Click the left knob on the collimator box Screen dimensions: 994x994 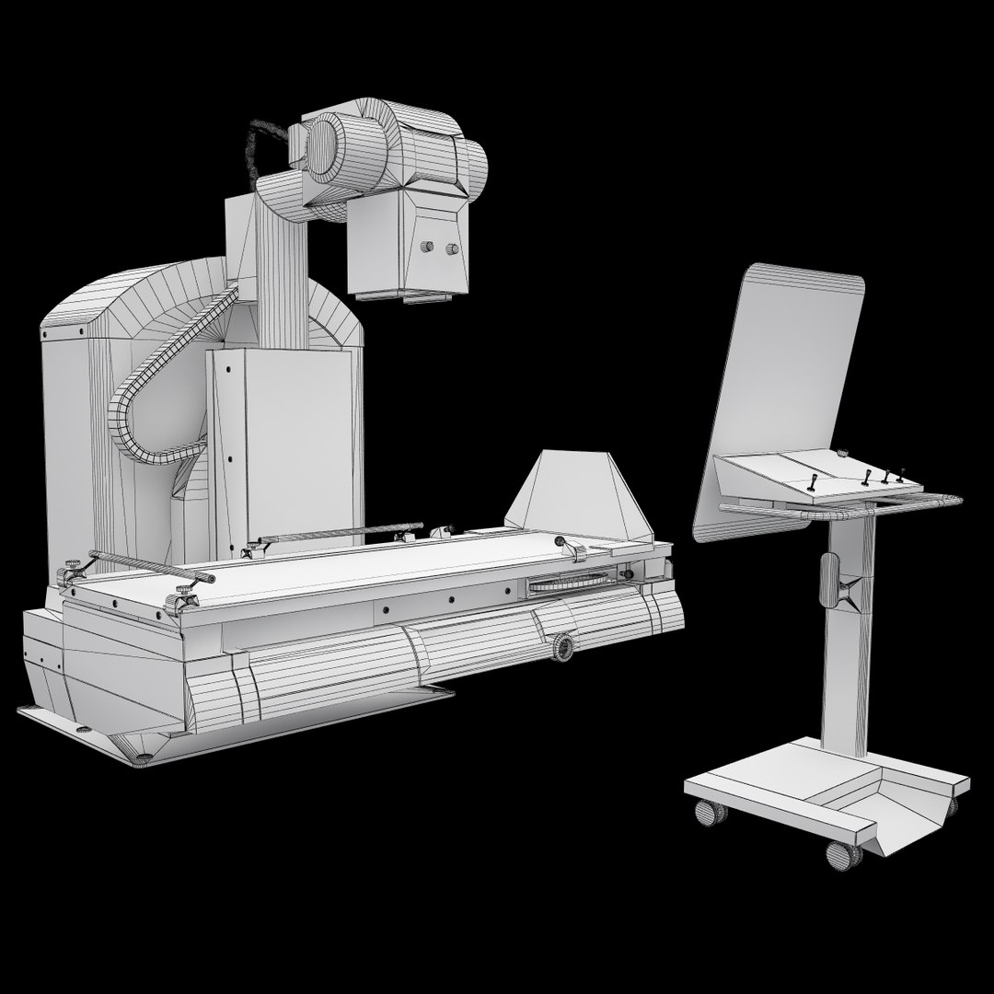click(x=426, y=247)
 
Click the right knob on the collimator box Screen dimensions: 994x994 click(x=452, y=248)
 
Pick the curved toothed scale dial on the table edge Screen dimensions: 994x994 click(x=568, y=583)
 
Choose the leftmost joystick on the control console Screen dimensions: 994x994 click(x=814, y=482)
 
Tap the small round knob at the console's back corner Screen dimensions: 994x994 click(x=841, y=453)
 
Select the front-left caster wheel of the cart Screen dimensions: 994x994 click(x=708, y=813)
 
